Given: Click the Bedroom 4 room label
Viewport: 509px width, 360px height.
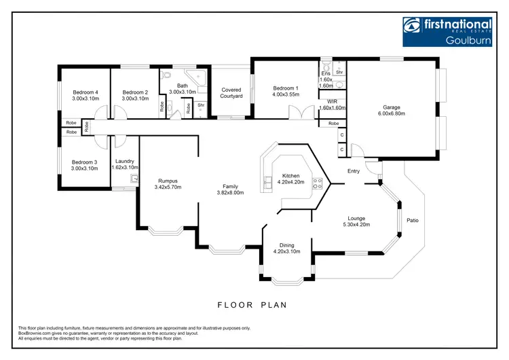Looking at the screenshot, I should point(86,95).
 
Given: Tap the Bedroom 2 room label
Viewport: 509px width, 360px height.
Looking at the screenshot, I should point(135,95).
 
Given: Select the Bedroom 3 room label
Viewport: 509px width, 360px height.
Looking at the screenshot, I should point(86,164).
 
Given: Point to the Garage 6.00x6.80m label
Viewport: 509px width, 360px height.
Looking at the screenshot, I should point(392,110).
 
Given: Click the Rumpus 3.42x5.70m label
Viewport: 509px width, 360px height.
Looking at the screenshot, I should point(168,184).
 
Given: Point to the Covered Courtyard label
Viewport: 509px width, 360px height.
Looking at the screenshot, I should point(231,93).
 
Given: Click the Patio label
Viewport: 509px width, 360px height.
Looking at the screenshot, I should point(412,220).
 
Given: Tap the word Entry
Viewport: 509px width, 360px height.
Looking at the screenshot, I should point(354,171).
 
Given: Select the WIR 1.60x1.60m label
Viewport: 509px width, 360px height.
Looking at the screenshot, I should point(332,105).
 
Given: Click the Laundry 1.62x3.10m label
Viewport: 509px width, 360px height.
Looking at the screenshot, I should point(124,164).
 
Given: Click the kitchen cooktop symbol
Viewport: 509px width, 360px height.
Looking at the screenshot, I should point(316,181).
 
